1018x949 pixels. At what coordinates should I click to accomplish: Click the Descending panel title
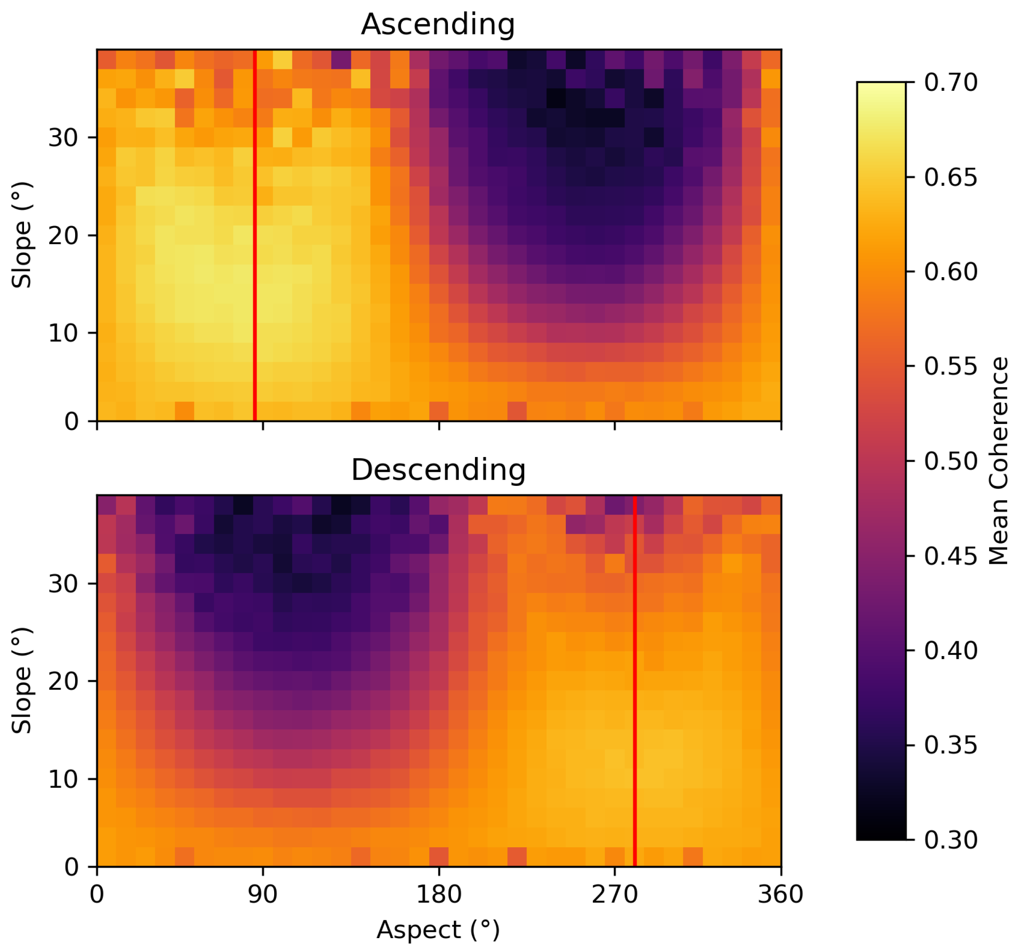coord(438,470)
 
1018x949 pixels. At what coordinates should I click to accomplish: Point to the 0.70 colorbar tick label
coord(950,83)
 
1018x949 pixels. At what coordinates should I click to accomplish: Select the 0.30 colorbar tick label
coord(950,840)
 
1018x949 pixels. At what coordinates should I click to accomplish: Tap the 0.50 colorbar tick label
coord(950,461)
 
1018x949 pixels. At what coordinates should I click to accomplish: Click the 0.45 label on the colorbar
coord(950,556)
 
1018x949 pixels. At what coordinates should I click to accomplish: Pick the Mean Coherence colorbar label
coord(998,461)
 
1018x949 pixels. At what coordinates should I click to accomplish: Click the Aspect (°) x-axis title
coord(438,929)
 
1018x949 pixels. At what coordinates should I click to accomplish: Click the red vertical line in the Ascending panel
coord(254,236)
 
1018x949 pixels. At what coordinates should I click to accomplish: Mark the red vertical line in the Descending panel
coord(634,681)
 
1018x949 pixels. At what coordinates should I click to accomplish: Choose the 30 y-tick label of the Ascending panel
coord(63,138)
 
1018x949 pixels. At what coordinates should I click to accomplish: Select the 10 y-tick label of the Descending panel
coord(63,780)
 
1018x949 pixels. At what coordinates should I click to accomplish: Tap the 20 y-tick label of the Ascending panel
coord(63,236)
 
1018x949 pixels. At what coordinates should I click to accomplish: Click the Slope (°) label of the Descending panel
coord(22,681)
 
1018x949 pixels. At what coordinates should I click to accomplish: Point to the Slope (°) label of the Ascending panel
coord(22,235)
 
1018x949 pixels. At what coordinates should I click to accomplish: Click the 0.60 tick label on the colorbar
coord(950,272)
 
